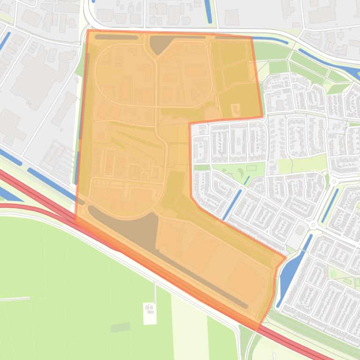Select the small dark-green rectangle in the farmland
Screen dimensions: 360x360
[x=120, y=327]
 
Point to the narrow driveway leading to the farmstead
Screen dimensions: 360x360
[x=154, y=292]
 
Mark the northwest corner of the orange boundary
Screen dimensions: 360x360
[x=88, y=31]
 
